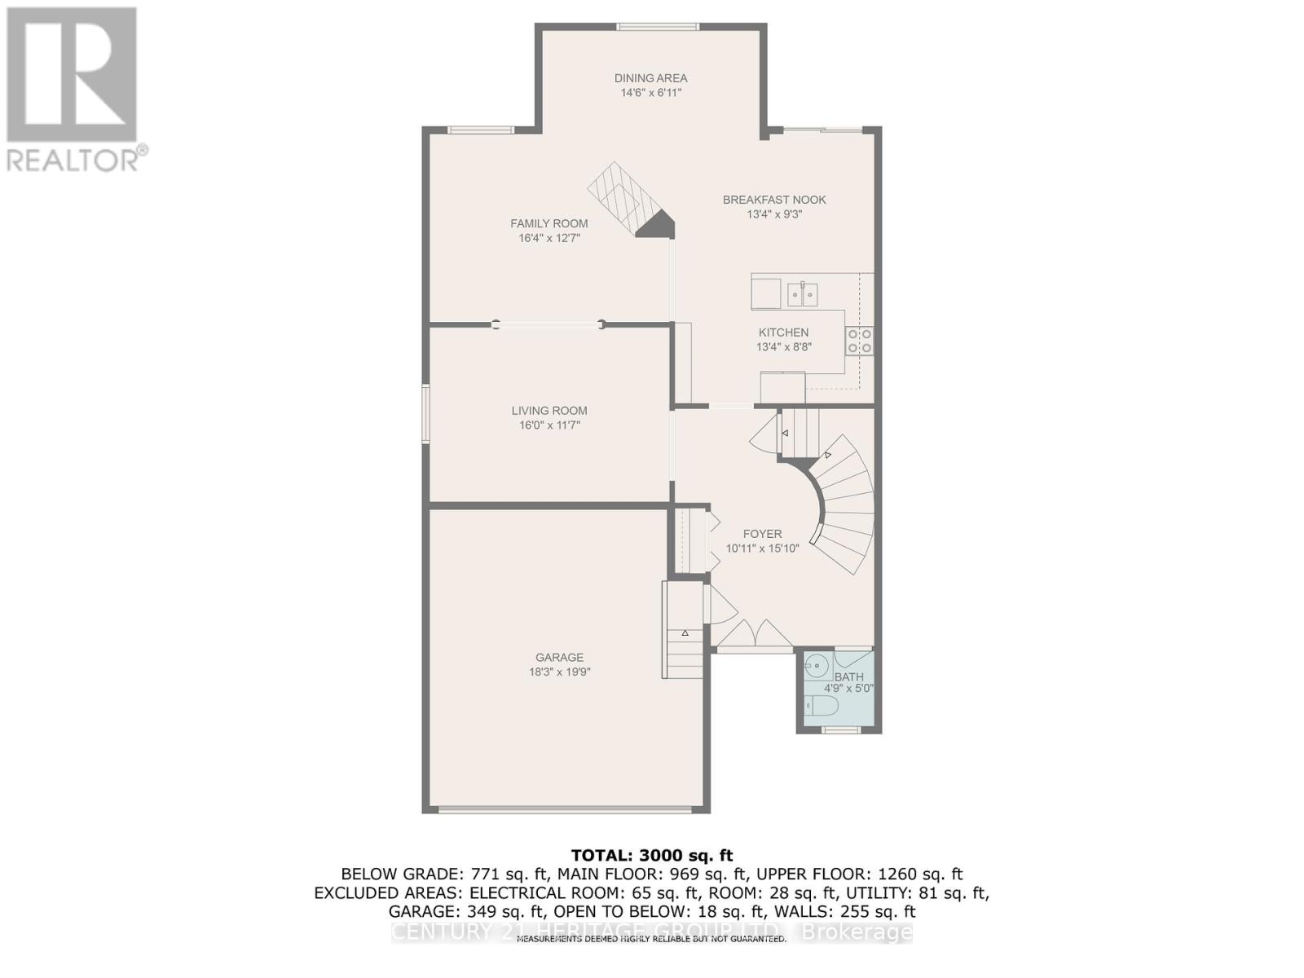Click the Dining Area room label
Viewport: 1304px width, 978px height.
(650, 78)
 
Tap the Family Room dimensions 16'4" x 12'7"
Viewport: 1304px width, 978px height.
(549, 238)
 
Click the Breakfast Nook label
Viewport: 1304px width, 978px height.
(774, 200)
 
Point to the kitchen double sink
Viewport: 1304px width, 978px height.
(803, 293)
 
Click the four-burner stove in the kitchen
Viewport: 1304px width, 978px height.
(859, 341)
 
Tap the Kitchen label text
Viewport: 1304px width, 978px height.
(783, 333)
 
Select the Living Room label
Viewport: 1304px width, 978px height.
(549, 411)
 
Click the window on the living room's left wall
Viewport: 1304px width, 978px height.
(425, 414)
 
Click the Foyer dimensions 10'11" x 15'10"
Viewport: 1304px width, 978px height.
(762, 548)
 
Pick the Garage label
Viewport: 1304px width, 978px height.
(559, 657)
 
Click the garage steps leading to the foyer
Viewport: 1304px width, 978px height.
(685, 652)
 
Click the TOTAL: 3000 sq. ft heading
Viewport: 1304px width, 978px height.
(652, 855)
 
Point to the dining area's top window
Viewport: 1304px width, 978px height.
(657, 27)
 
